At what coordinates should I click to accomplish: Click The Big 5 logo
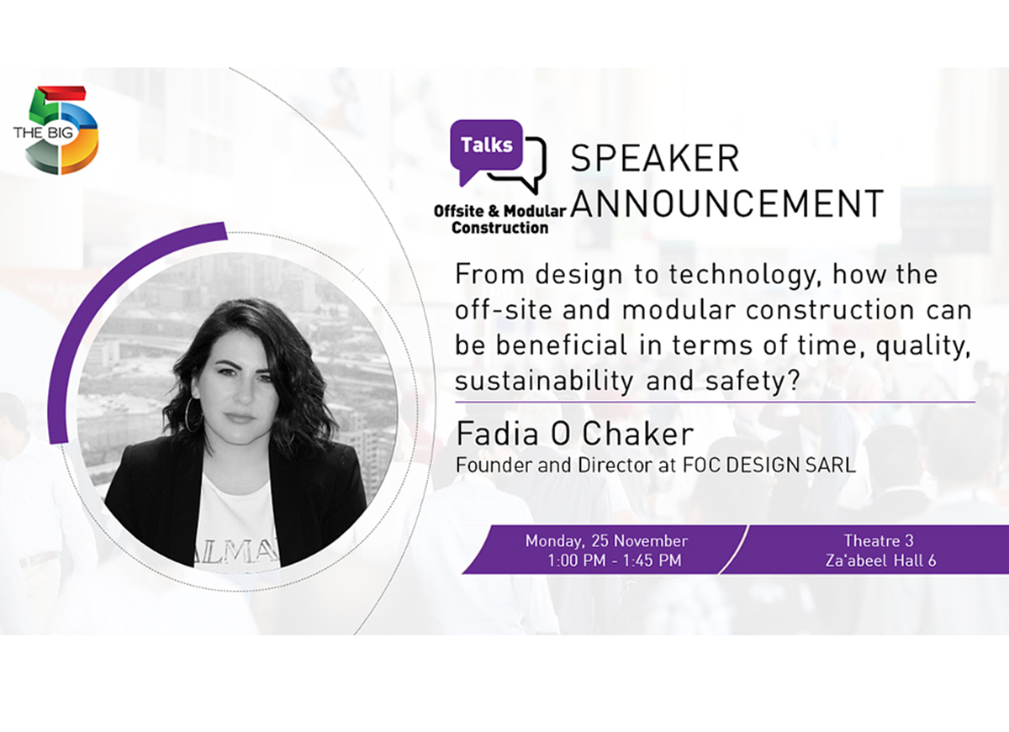(x=55, y=129)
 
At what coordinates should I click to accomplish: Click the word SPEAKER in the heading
(x=655, y=159)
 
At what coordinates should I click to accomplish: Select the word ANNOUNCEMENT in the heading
(x=727, y=203)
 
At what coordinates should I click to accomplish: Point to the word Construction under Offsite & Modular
(x=500, y=228)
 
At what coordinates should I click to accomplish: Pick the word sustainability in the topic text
(x=544, y=382)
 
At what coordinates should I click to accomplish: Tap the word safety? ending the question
(x=753, y=382)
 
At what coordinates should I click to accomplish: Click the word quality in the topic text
(x=922, y=346)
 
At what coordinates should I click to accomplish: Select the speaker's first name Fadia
(x=497, y=434)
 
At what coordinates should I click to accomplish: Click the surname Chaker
(x=638, y=434)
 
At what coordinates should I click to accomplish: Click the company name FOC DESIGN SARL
(x=769, y=465)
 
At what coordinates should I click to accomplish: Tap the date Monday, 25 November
(x=606, y=541)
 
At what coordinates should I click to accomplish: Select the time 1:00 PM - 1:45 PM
(x=615, y=561)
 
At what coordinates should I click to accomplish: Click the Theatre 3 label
(x=879, y=540)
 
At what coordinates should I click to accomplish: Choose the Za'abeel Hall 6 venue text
(x=880, y=561)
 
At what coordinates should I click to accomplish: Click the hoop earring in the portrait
(x=193, y=414)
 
